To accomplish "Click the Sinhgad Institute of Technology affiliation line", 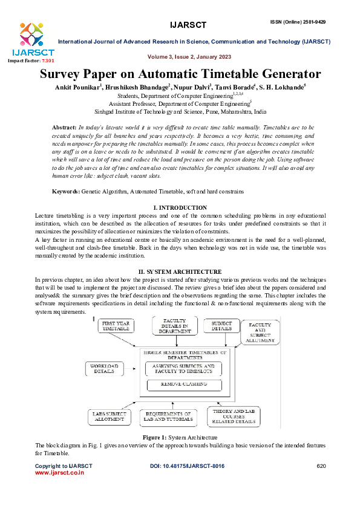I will tap(180, 112).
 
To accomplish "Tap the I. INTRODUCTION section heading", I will tap(180, 208).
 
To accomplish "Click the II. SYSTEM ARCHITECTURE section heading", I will tap(180, 271).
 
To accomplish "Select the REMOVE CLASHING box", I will tap(183, 384).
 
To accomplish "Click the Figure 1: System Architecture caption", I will tap(180, 437).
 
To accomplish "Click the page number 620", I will tap(321, 466).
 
